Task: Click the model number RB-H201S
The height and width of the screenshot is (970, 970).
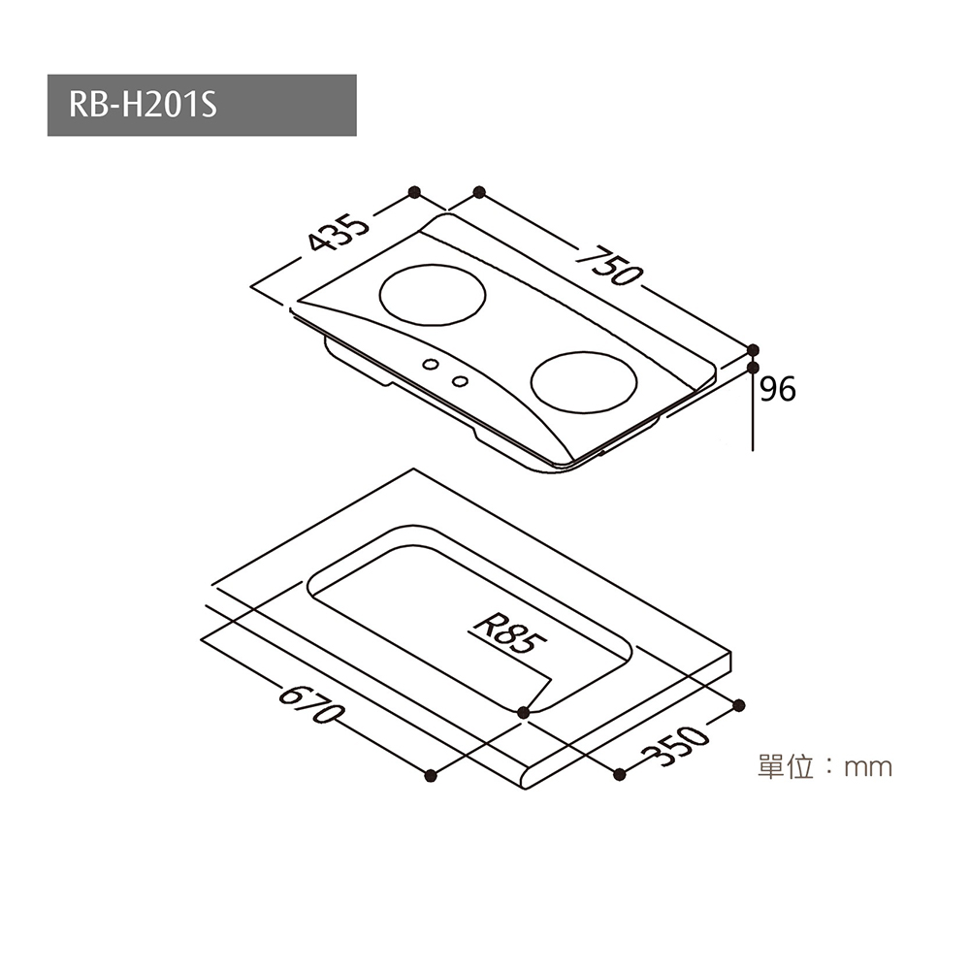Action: point(143,105)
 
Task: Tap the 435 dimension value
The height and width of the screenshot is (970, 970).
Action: point(339,233)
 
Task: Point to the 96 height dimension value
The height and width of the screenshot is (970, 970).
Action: point(778,390)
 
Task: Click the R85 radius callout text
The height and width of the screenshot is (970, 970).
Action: point(510,633)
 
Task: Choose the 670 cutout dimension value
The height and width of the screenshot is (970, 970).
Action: point(309,704)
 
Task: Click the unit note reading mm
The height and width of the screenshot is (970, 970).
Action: point(868,768)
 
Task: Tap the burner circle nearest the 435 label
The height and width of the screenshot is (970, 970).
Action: point(432,295)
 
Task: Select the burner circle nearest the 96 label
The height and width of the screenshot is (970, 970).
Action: point(583,381)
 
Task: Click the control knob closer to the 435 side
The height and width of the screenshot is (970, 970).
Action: point(431,365)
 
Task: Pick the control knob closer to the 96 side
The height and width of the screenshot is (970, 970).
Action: point(460,381)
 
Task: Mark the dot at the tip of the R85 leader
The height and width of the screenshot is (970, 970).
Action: point(524,713)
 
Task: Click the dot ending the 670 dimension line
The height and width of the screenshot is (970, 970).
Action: point(432,776)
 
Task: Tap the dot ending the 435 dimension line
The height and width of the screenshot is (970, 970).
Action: point(415,192)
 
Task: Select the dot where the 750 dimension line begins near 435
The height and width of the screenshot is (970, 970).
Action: point(479,192)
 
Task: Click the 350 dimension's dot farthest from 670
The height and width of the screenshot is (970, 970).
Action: point(738,705)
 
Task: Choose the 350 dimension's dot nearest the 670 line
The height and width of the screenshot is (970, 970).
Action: point(619,774)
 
